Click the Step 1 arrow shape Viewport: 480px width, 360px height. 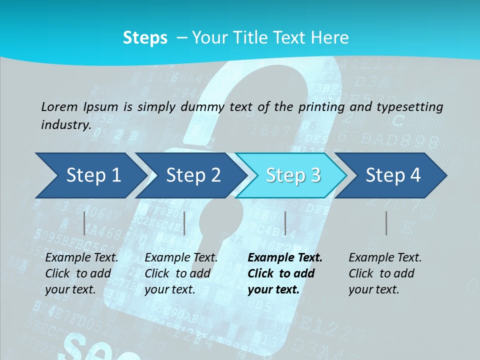click(x=90, y=175)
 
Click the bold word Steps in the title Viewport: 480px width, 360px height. click(x=145, y=38)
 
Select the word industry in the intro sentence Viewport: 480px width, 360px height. click(x=66, y=124)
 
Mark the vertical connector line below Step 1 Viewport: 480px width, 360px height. click(x=84, y=223)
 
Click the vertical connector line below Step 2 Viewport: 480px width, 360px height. click(x=184, y=223)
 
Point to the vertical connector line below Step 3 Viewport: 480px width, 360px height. click(x=285, y=223)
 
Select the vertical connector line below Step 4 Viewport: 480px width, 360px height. click(x=386, y=223)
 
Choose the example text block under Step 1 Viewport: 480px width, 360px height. click(x=81, y=273)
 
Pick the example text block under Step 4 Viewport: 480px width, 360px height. click(x=385, y=273)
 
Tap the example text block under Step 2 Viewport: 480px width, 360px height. click(x=181, y=273)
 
